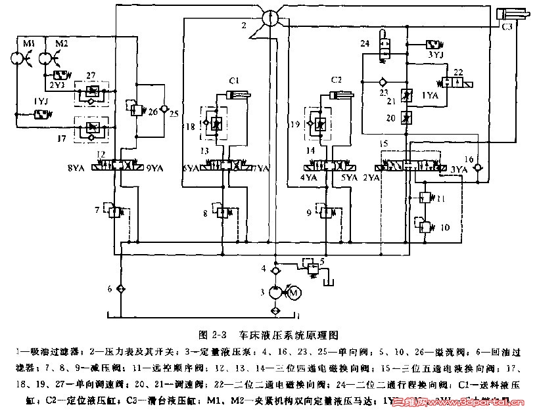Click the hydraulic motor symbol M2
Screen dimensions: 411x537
45,59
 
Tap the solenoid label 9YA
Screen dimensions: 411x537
154,168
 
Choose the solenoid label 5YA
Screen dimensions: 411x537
348,177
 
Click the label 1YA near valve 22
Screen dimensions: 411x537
429,95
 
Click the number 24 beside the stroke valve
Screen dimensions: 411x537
365,43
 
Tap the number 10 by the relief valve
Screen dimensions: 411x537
445,228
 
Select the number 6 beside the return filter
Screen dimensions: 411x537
110,289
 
